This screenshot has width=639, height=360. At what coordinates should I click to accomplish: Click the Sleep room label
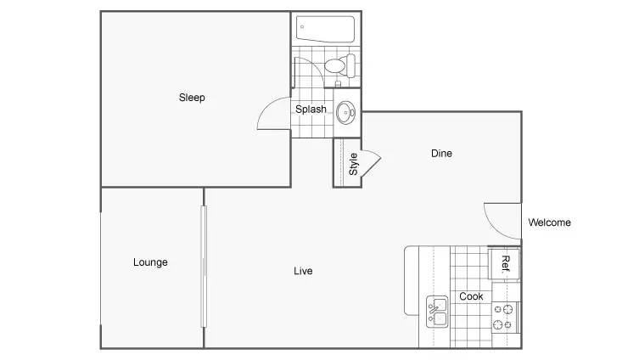click(192, 98)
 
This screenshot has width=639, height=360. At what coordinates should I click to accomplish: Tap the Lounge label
click(150, 262)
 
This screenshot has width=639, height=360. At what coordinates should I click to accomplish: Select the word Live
click(303, 271)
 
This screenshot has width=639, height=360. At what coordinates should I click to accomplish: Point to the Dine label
click(441, 154)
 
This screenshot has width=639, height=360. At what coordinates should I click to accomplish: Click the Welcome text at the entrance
click(549, 222)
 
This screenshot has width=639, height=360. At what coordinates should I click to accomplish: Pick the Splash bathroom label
click(311, 110)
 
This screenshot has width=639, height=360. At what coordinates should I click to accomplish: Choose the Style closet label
click(353, 164)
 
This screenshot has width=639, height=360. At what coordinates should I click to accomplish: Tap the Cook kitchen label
click(471, 296)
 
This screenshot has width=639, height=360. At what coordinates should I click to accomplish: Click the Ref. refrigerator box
click(505, 264)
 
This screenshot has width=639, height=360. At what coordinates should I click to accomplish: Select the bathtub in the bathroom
click(325, 29)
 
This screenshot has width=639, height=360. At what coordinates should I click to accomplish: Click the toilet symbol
click(340, 65)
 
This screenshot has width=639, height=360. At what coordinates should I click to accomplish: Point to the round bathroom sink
click(345, 112)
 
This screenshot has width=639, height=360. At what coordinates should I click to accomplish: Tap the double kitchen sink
click(437, 312)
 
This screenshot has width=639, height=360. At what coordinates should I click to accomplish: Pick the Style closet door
click(372, 163)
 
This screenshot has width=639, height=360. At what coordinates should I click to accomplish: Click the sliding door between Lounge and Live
click(204, 267)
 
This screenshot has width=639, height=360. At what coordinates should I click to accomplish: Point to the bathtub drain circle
click(302, 27)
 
